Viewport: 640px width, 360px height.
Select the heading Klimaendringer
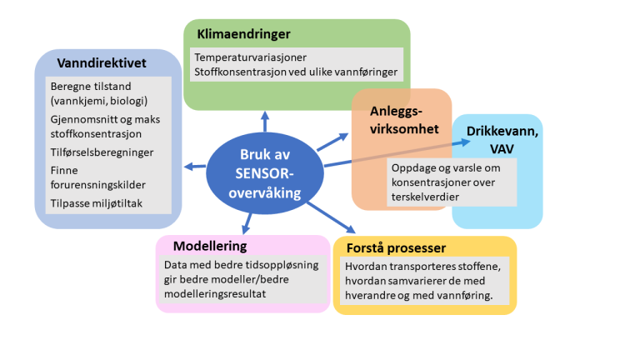pos(243,34)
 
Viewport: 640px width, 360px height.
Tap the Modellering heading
pos(210,246)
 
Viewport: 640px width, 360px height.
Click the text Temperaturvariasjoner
pos(250,57)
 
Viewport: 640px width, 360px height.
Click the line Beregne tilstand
pos(90,86)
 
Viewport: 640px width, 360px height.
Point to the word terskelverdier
pos(427,197)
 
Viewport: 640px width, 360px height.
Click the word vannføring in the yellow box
pos(467,295)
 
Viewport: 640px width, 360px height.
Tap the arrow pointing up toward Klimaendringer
pos(265,122)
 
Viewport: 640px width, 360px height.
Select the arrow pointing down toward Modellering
pos(247,222)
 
